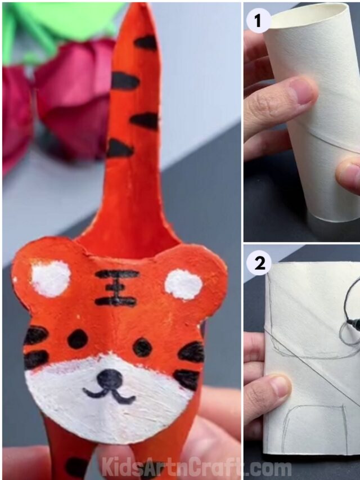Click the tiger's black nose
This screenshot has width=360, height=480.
click(110, 379)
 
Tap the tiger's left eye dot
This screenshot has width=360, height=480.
click(78, 339)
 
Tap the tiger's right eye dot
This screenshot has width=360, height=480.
click(142, 347)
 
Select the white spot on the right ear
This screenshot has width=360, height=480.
click(183, 284)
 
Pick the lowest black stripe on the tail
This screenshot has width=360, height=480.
click(120, 149)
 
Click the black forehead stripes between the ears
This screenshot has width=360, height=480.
click(116, 288)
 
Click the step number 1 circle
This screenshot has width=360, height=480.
click(258, 21)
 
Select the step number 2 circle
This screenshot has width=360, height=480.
click(259, 263)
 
